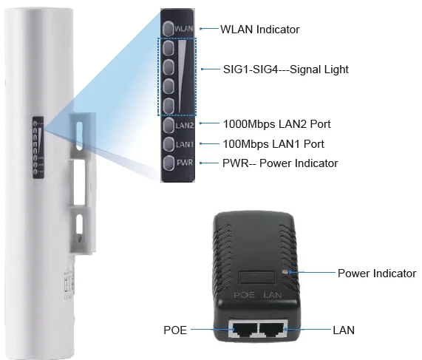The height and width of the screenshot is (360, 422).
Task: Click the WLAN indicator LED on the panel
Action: [x=169, y=28]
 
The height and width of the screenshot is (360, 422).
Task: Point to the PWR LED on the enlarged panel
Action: [x=169, y=163]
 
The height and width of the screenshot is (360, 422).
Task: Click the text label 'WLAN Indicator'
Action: [x=259, y=30]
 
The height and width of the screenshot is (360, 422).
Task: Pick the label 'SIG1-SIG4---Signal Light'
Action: [x=285, y=69]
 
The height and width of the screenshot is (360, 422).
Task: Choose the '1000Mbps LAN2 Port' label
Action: [x=273, y=123]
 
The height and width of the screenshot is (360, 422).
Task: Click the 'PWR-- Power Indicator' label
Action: [x=280, y=163]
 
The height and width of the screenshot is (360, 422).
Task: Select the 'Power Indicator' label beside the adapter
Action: [x=377, y=274]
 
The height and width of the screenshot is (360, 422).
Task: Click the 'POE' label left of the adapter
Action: [x=175, y=330]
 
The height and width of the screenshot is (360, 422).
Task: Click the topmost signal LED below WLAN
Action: [x=169, y=49]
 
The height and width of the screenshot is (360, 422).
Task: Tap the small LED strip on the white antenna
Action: [x=38, y=148]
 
